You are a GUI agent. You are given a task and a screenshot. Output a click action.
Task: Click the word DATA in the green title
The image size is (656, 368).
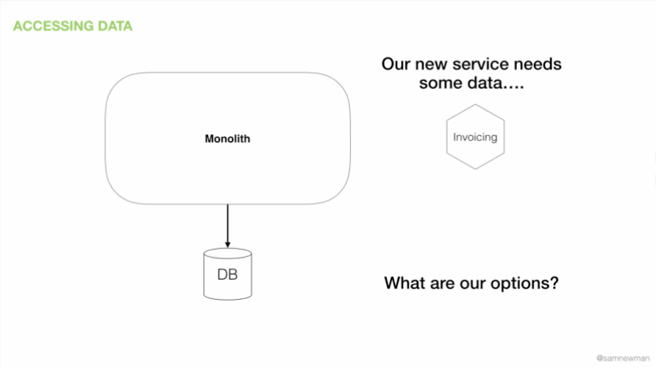coord(115,26)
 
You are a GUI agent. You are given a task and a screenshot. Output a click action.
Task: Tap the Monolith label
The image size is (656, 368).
coord(227,139)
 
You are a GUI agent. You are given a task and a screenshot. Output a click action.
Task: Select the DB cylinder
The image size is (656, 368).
coord(227,274)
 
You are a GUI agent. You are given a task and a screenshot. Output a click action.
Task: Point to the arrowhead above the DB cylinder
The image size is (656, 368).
coord(227,245)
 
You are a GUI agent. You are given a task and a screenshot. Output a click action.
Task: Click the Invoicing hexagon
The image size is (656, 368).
coord(475,137)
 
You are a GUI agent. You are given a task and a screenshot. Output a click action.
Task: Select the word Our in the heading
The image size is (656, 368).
coord(396,64)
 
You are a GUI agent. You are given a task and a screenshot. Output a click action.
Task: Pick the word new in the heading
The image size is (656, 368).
coord(432,65)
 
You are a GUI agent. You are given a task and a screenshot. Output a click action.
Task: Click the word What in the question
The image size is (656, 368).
coord(404,283)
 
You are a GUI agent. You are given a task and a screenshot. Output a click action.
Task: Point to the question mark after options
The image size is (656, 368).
coord(554,283)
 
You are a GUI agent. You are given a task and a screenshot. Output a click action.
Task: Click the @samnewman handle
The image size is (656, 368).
coord(623,358)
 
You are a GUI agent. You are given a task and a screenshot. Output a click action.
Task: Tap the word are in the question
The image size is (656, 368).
coord(442,284)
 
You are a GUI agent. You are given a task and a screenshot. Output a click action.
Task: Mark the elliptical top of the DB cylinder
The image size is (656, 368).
coord(227,253)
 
